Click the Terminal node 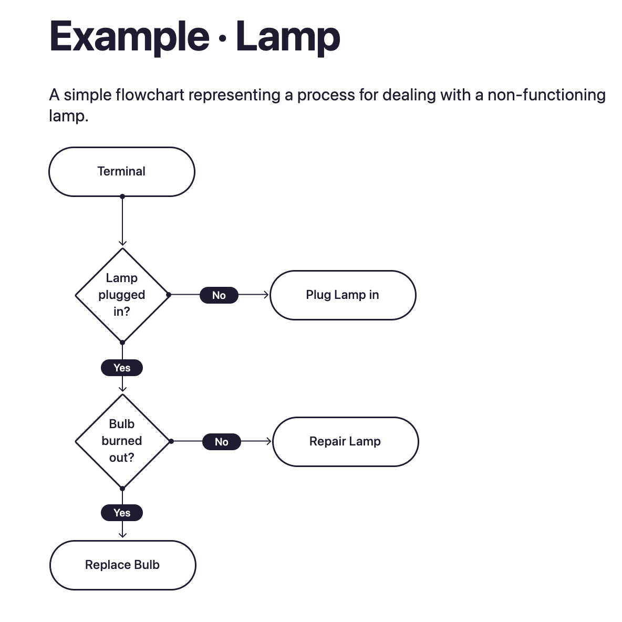pos(121,172)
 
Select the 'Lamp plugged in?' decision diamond pos(122,295)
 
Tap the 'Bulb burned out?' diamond pos(122,441)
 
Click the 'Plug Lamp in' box pos(343,295)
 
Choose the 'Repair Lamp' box pos(345,441)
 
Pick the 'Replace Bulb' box pos(122,565)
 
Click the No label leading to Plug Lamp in pos(219,295)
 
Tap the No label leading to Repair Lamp pos(222,442)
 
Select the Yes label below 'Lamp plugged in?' pos(122,368)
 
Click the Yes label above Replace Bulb pos(122,513)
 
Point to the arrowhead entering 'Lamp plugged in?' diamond pos(122,243)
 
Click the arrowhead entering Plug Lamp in pos(266,295)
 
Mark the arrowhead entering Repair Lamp pos(269,441)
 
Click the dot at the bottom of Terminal pos(122,196)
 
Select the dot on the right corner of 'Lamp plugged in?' pos(169,295)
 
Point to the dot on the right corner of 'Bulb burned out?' pos(171,441)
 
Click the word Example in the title pos(129,37)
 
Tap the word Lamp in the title pos(288,37)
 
